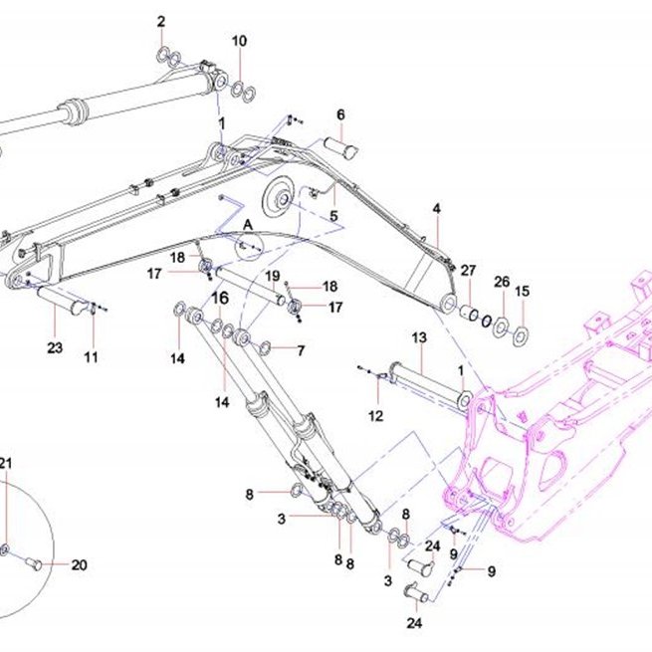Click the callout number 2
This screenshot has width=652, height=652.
tap(161, 21)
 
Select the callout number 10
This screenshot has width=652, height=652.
tap(239, 41)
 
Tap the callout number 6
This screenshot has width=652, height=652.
tap(341, 114)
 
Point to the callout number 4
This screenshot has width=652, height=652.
tap(437, 208)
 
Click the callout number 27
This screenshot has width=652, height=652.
tap(468, 271)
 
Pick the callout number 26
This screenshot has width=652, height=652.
tap(502, 282)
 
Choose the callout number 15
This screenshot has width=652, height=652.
tap(523, 291)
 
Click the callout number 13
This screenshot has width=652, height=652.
tap(419, 337)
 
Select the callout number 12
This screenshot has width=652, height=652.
tap(376, 416)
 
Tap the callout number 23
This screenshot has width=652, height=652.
tap(55, 347)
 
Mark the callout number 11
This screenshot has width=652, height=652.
tap(91, 356)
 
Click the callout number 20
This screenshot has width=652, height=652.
tap(79, 565)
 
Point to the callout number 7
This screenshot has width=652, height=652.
tap(301, 350)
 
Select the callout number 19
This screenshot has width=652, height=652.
tap(273, 276)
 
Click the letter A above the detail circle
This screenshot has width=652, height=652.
tap(248, 225)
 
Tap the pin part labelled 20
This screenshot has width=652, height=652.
tap(33, 563)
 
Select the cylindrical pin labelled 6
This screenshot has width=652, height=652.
tap(340, 148)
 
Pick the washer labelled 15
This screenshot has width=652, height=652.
tap(521, 336)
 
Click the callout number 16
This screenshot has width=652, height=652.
tap(220, 298)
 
